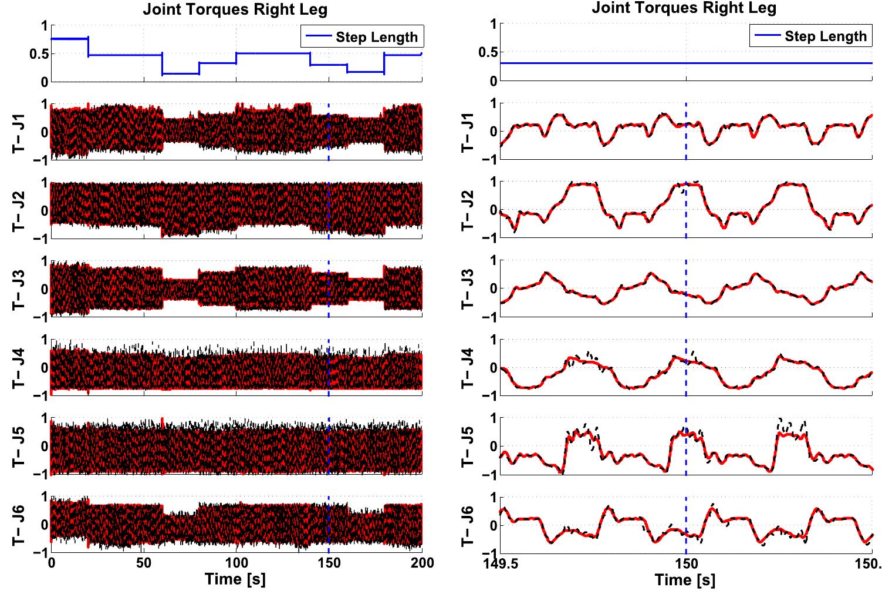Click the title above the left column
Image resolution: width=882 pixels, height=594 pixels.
pyautogui.click(x=235, y=9)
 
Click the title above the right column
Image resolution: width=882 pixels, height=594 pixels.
pyautogui.click(x=684, y=8)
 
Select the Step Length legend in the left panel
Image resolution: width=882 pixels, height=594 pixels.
pyautogui.click(x=362, y=37)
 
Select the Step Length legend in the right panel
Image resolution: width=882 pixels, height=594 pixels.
pyautogui.click(x=811, y=36)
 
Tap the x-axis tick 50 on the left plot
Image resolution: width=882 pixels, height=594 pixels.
pyautogui.click(x=144, y=563)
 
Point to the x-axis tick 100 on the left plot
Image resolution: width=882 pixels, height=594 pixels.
pyautogui.click(x=236, y=563)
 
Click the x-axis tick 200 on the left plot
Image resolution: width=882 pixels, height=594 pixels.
pyautogui.click(x=421, y=563)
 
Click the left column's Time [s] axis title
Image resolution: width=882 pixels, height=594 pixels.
pyautogui.click(x=235, y=579)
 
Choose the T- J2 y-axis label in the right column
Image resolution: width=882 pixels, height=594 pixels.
pyautogui.click(x=468, y=211)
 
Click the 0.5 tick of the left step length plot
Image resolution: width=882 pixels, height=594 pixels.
pyautogui.click(x=36, y=54)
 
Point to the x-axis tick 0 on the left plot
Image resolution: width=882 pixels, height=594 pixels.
pyautogui.click(x=52, y=563)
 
